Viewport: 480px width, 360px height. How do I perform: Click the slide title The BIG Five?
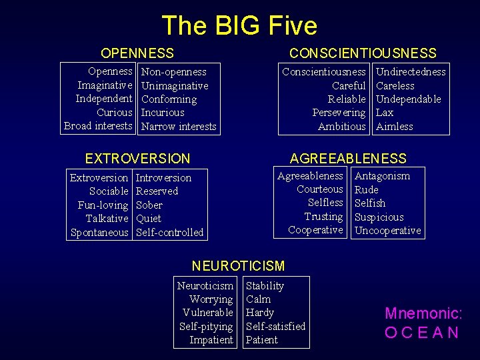[239, 25]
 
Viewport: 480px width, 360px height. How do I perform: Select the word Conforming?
[169, 99]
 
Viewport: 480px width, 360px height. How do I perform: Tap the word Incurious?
[163, 113]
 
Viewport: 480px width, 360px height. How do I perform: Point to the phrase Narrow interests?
[179, 127]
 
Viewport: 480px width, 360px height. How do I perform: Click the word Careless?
[395, 86]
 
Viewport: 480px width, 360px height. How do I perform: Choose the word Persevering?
[339, 113]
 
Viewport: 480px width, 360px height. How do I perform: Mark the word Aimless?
[394, 127]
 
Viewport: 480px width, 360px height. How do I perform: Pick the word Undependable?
[408, 99]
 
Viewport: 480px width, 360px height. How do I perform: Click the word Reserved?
[157, 191]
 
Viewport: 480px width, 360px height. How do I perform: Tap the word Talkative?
[107, 219]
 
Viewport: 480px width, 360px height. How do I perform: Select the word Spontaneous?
[99, 233]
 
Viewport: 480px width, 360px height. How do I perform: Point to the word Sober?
[149, 205]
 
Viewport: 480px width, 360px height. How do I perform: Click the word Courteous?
[320, 189]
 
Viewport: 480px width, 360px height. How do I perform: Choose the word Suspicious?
[379, 217]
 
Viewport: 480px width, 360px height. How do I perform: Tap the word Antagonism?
[382, 176]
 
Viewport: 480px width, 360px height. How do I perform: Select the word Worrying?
[211, 299]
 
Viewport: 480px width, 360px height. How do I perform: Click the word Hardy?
[259, 313]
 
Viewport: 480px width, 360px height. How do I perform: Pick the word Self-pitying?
[206, 327]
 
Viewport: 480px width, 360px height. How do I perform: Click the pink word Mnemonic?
[423, 313]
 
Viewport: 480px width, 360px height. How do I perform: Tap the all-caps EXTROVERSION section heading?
[137, 159]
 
